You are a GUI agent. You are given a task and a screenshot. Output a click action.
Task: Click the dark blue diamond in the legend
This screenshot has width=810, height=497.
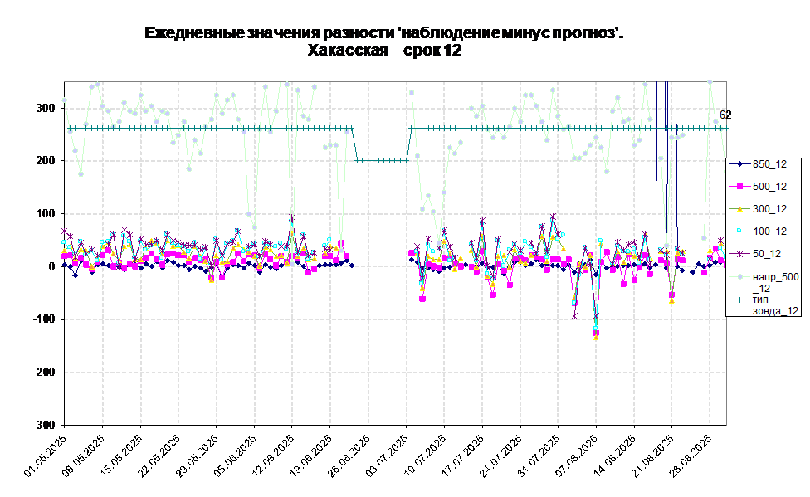[739, 164]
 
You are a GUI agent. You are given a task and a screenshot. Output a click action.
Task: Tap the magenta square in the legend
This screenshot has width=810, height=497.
[739, 187]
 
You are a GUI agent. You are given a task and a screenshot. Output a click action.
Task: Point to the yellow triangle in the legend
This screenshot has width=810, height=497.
[739, 209]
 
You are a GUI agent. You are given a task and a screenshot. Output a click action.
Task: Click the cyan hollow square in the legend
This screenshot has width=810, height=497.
[739, 231]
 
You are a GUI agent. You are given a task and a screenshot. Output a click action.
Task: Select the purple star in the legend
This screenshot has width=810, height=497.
[739, 254]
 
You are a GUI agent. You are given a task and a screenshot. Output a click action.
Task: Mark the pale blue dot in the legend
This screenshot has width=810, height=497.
[739, 276]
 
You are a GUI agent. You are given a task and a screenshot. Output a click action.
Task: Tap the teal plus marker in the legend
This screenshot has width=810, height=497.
[739, 299]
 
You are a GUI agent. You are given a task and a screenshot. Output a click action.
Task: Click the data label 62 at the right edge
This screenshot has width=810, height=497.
[723, 115]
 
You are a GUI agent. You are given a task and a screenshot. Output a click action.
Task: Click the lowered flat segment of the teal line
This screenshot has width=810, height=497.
[382, 160]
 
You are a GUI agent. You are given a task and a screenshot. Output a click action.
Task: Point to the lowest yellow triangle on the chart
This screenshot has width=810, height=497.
[596, 338]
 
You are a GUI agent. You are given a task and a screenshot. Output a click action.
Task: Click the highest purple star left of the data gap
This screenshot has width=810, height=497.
[291, 218]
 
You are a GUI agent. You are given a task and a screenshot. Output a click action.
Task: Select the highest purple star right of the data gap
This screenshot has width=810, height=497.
[553, 217]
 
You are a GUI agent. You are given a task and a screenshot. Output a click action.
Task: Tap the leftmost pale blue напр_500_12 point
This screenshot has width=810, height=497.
[65, 100]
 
